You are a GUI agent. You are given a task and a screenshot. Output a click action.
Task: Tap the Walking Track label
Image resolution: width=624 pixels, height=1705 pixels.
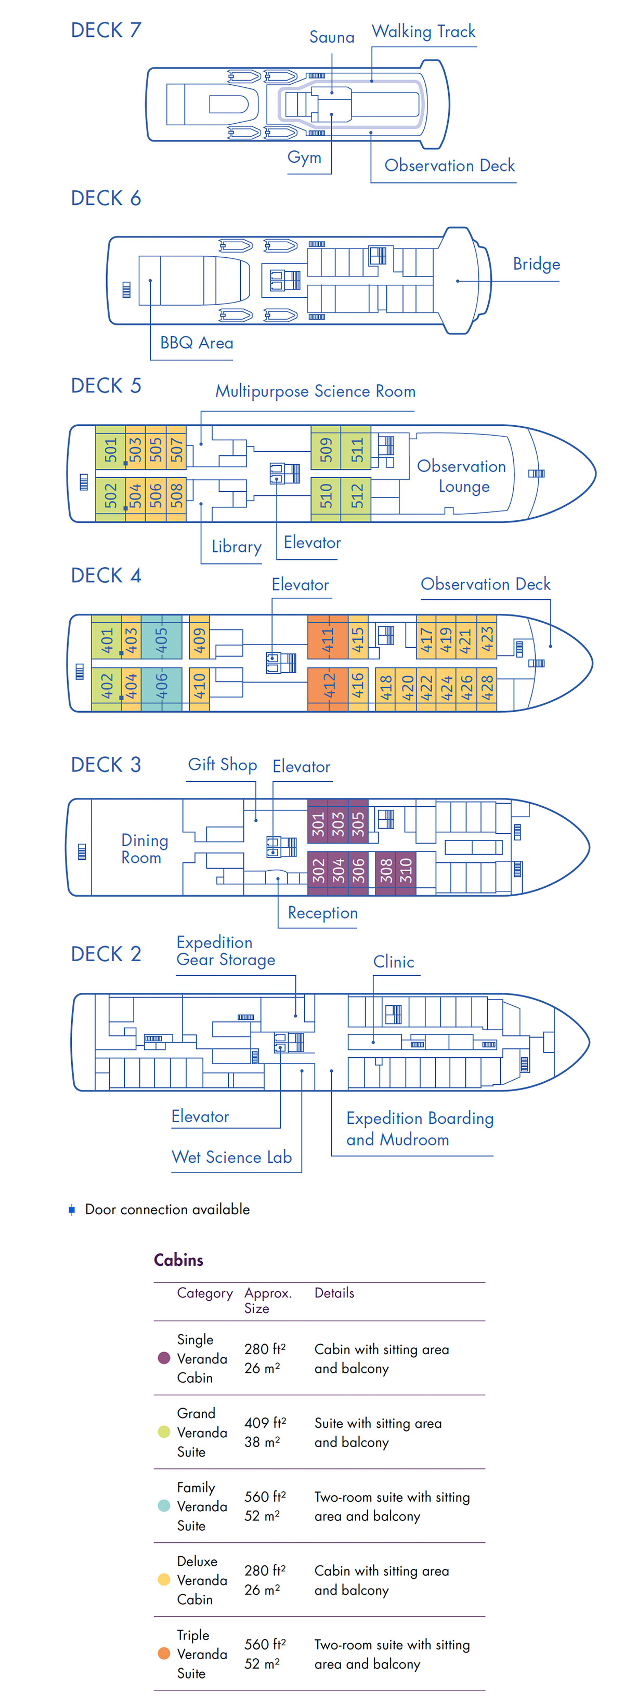click(423, 32)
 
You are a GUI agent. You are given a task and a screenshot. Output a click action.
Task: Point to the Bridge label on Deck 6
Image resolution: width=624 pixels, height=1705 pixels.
click(536, 265)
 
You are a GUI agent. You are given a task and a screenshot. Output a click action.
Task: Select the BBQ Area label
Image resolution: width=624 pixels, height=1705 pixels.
click(197, 343)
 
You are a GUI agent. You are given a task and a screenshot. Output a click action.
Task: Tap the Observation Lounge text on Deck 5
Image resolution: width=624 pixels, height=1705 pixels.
click(462, 476)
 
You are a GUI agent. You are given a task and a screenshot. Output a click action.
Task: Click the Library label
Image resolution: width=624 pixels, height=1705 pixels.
click(237, 547)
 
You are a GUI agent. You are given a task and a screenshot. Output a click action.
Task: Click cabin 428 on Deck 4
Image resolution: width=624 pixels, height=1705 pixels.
click(487, 688)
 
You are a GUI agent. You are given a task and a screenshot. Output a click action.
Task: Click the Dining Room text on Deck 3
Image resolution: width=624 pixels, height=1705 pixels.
click(145, 848)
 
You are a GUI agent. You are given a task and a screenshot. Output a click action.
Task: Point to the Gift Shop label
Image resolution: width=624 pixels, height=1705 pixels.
click(223, 765)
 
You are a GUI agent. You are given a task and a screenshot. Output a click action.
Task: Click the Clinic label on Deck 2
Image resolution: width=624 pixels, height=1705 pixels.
click(394, 962)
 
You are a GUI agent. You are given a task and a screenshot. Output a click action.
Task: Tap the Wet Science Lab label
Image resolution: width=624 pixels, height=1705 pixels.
click(232, 1157)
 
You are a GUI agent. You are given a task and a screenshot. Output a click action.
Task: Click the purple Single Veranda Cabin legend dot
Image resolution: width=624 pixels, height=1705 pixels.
click(164, 1358)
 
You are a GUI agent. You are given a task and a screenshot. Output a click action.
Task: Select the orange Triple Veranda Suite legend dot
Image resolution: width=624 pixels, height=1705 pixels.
click(164, 1654)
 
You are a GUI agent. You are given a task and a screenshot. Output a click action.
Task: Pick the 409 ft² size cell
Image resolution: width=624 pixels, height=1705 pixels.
click(265, 1423)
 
